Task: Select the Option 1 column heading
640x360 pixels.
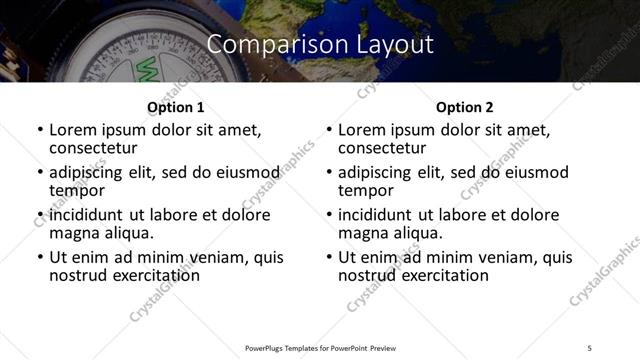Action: pos(175,107)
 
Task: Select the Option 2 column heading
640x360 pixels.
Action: pos(464,107)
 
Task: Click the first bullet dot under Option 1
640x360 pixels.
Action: pos(40,131)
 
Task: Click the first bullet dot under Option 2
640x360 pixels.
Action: pos(329,131)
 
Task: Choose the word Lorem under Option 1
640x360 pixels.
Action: pos(73,130)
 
